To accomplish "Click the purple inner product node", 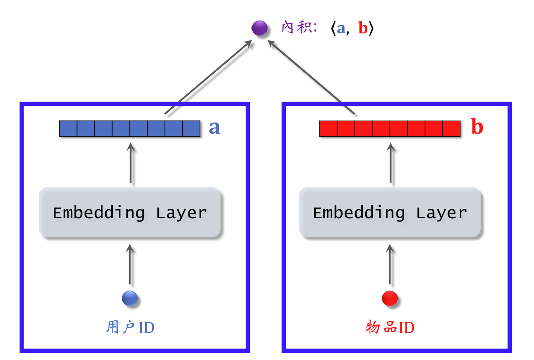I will coord(259,29).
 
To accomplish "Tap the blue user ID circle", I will coord(129,298).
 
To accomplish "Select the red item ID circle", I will coord(390,298).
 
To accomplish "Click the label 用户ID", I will coord(130,328).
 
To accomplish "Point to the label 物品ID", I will coord(390,328).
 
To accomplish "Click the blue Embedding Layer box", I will coord(130,213).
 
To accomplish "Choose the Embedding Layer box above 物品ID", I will coord(390,213).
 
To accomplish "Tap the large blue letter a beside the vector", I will coord(214,127).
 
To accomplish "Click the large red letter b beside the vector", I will coord(477,127).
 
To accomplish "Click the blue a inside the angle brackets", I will coord(341,29).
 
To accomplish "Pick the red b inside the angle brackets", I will coord(363,29).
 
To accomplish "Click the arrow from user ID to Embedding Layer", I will coord(130,265).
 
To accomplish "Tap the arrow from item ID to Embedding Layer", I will coord(390,265).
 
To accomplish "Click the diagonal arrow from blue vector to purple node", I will coord(207,77).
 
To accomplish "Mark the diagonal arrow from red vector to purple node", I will coord(312,77).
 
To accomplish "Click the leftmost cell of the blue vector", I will coord(68,129).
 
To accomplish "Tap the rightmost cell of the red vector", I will coord(451,129).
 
